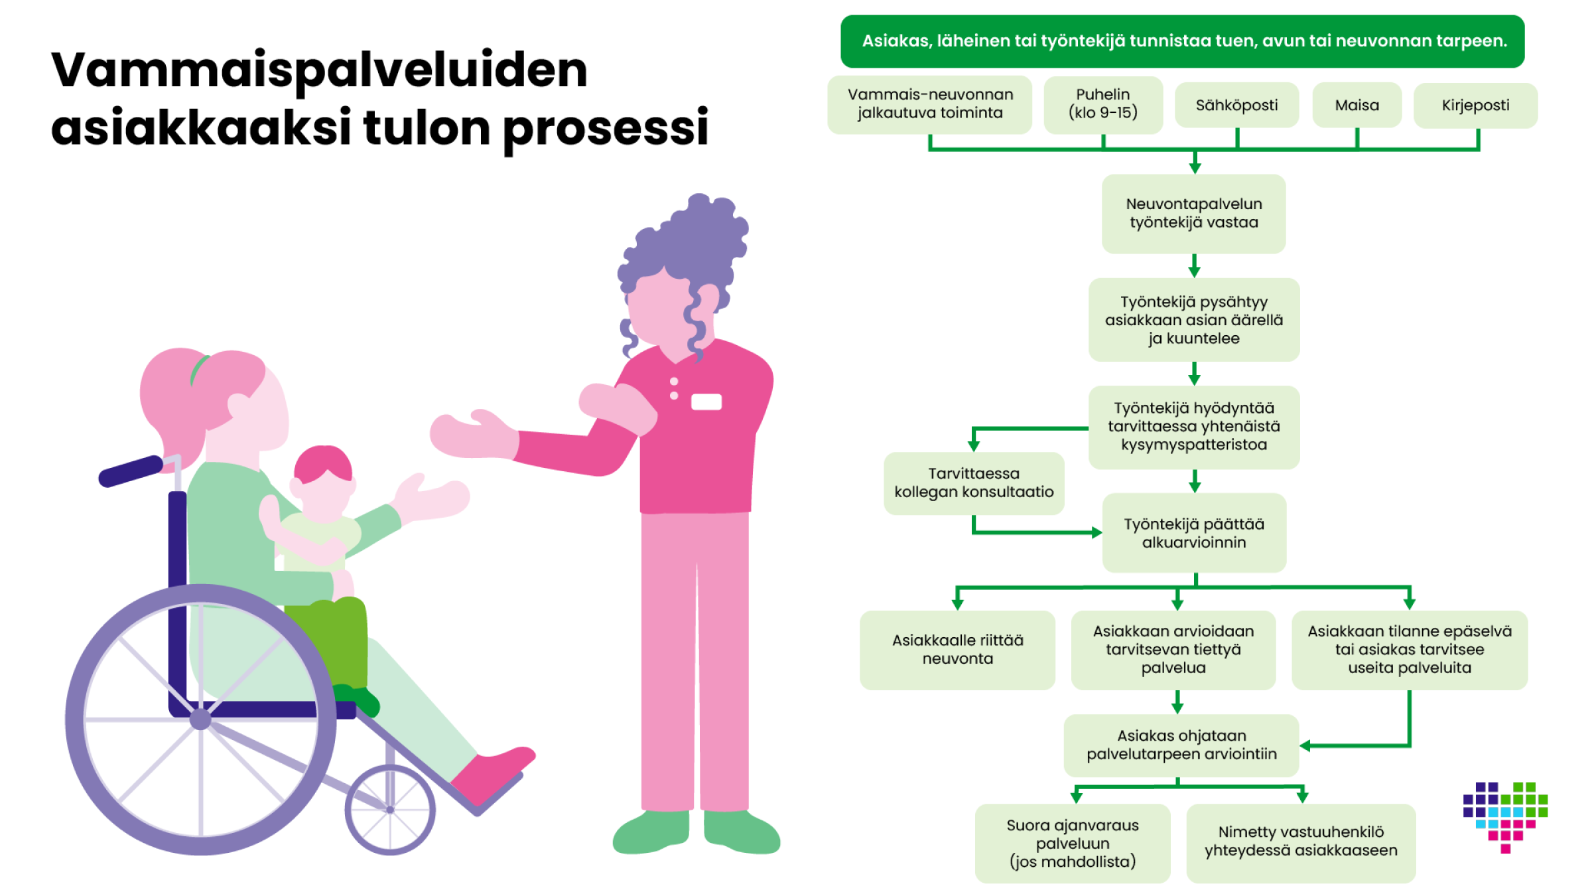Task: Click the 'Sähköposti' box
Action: click(x=1236, y=105)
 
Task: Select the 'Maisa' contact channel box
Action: click(x=1357, y=105)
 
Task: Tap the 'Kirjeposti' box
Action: click(x=1475, y=105)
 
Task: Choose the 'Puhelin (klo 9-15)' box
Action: click(x=1102, y=104)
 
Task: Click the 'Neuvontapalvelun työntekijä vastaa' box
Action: click(x=1193, y=213)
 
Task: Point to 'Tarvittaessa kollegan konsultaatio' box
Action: click(x=973, y=483)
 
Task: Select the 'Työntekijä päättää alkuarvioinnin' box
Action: click(x=1193, y=532)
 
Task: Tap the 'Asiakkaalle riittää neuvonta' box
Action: click(x=957, y=649)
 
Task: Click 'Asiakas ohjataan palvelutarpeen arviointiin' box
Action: click(x=1181, y=745)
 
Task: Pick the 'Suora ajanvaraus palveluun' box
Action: click(x=1072, y=843)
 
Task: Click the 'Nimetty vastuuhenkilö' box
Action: click(x=1300, y=842)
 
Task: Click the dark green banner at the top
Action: click(x=1182, y=41)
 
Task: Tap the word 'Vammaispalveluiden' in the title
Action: click(x=319, y=70)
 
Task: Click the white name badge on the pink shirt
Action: click(x=706, y=402)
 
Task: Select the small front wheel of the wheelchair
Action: click(x=390, y=810)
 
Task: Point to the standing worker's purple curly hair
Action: click(x=690, y=239)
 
